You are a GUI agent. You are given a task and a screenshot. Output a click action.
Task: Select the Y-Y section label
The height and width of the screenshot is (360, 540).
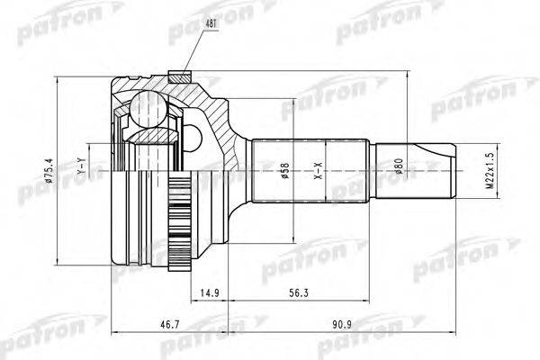pos(80,167)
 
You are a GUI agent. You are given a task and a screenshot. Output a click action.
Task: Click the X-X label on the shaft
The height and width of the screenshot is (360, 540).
pos(316,170)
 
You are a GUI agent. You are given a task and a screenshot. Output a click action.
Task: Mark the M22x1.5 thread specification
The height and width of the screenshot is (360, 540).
pos(490,169)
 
